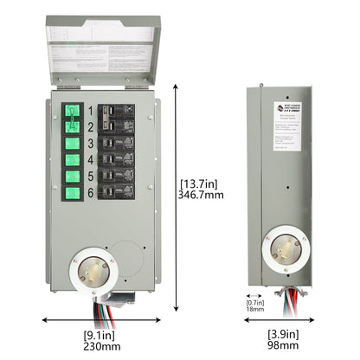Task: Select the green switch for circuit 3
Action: point(71,143)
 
